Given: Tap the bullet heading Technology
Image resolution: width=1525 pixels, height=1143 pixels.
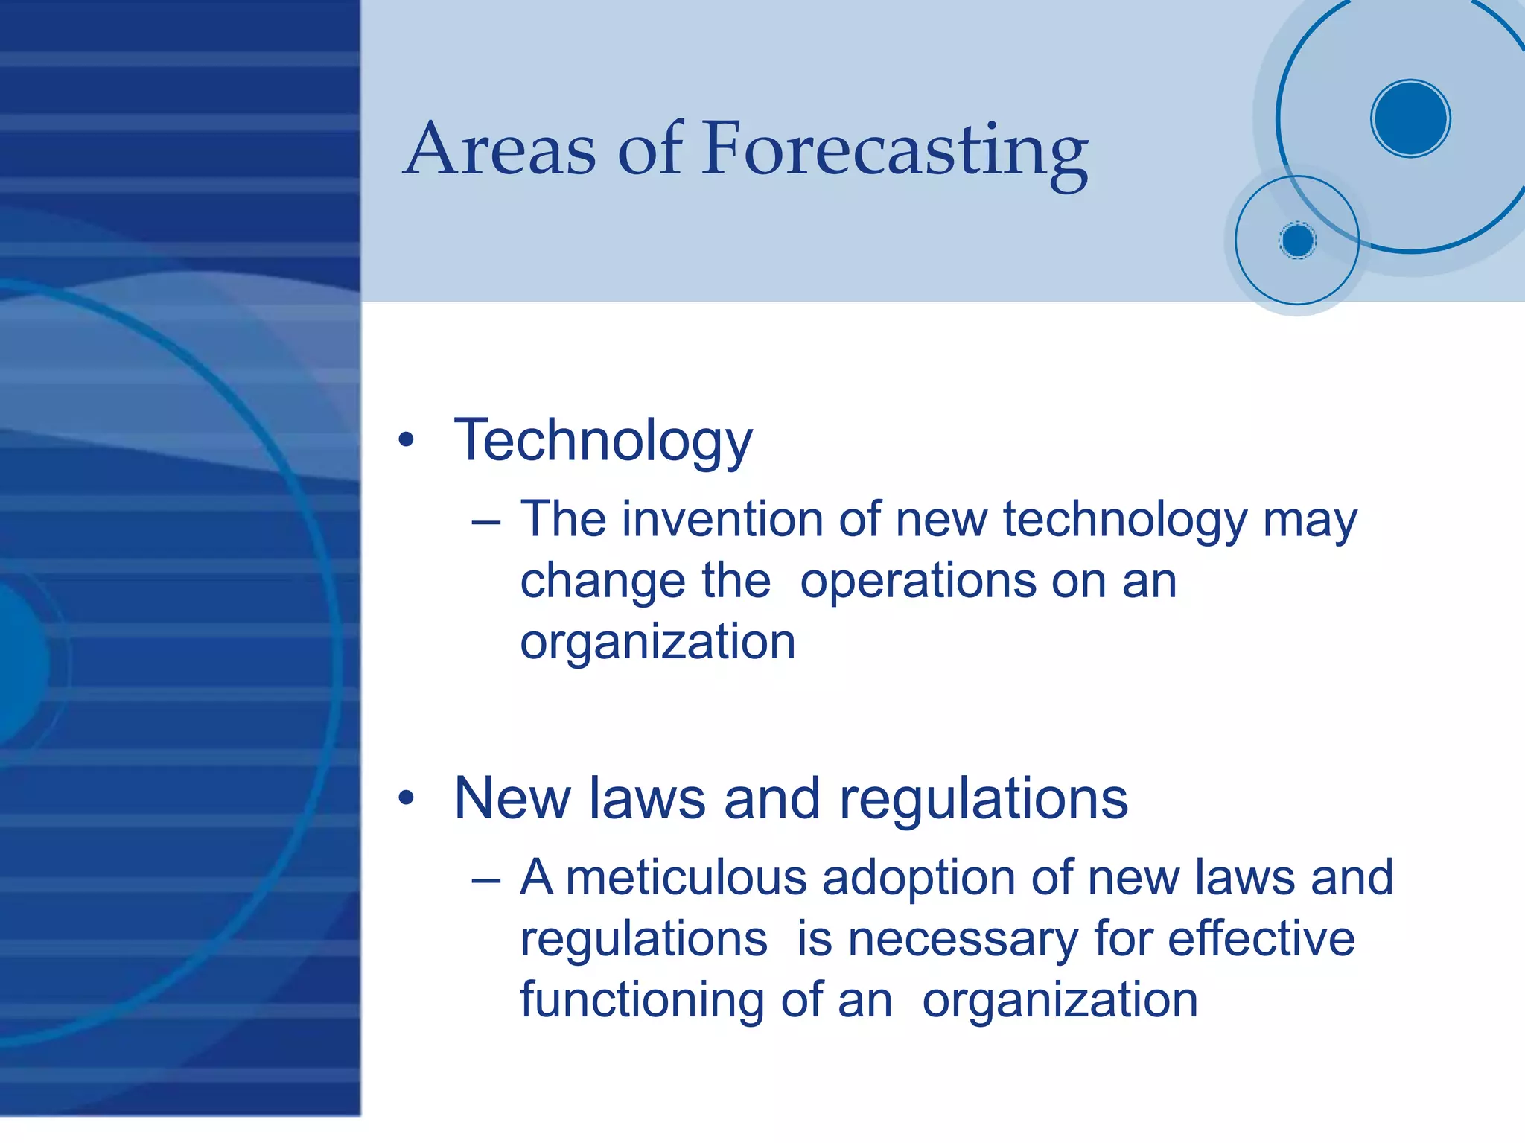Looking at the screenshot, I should click(603, 441).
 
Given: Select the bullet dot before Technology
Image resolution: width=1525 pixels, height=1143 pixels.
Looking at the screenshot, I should click(406, 440).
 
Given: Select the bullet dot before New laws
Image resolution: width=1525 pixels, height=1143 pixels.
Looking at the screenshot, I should click(406, 798).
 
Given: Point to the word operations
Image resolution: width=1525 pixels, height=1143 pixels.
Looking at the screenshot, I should click(917, 581).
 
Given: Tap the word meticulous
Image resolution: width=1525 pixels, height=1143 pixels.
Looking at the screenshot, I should click(686, 877).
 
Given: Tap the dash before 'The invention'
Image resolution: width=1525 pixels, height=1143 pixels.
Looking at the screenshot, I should click(485, 522).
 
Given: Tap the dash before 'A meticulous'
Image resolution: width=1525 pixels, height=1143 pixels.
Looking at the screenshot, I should click(485, 880).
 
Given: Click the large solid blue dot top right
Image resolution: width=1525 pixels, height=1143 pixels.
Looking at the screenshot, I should click(1410, 118).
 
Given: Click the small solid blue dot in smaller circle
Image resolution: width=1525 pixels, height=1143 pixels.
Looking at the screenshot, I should click(1298, 241).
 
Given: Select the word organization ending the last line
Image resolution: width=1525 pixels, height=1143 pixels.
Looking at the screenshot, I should click(1060, 1001).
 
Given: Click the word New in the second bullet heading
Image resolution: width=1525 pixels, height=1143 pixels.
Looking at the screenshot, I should click(512, 798).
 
